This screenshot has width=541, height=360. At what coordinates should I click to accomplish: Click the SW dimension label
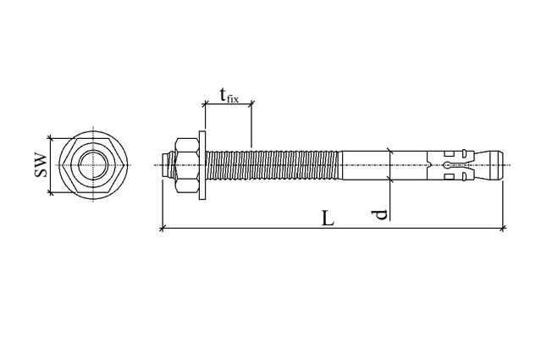(x=41, y=165)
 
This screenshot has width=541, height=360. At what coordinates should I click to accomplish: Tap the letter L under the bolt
(x=328, y=219)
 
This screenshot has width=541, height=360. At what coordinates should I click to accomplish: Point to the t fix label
(x=229, y=96)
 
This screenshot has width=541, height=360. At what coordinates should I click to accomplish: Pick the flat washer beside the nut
(x=202, y=165)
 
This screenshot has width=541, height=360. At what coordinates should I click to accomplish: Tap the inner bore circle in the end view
(x=93, y=165)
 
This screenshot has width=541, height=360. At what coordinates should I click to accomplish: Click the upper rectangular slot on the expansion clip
(x=449, y=154)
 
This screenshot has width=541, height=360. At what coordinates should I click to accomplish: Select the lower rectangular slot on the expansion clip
(x=449, y=177)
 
